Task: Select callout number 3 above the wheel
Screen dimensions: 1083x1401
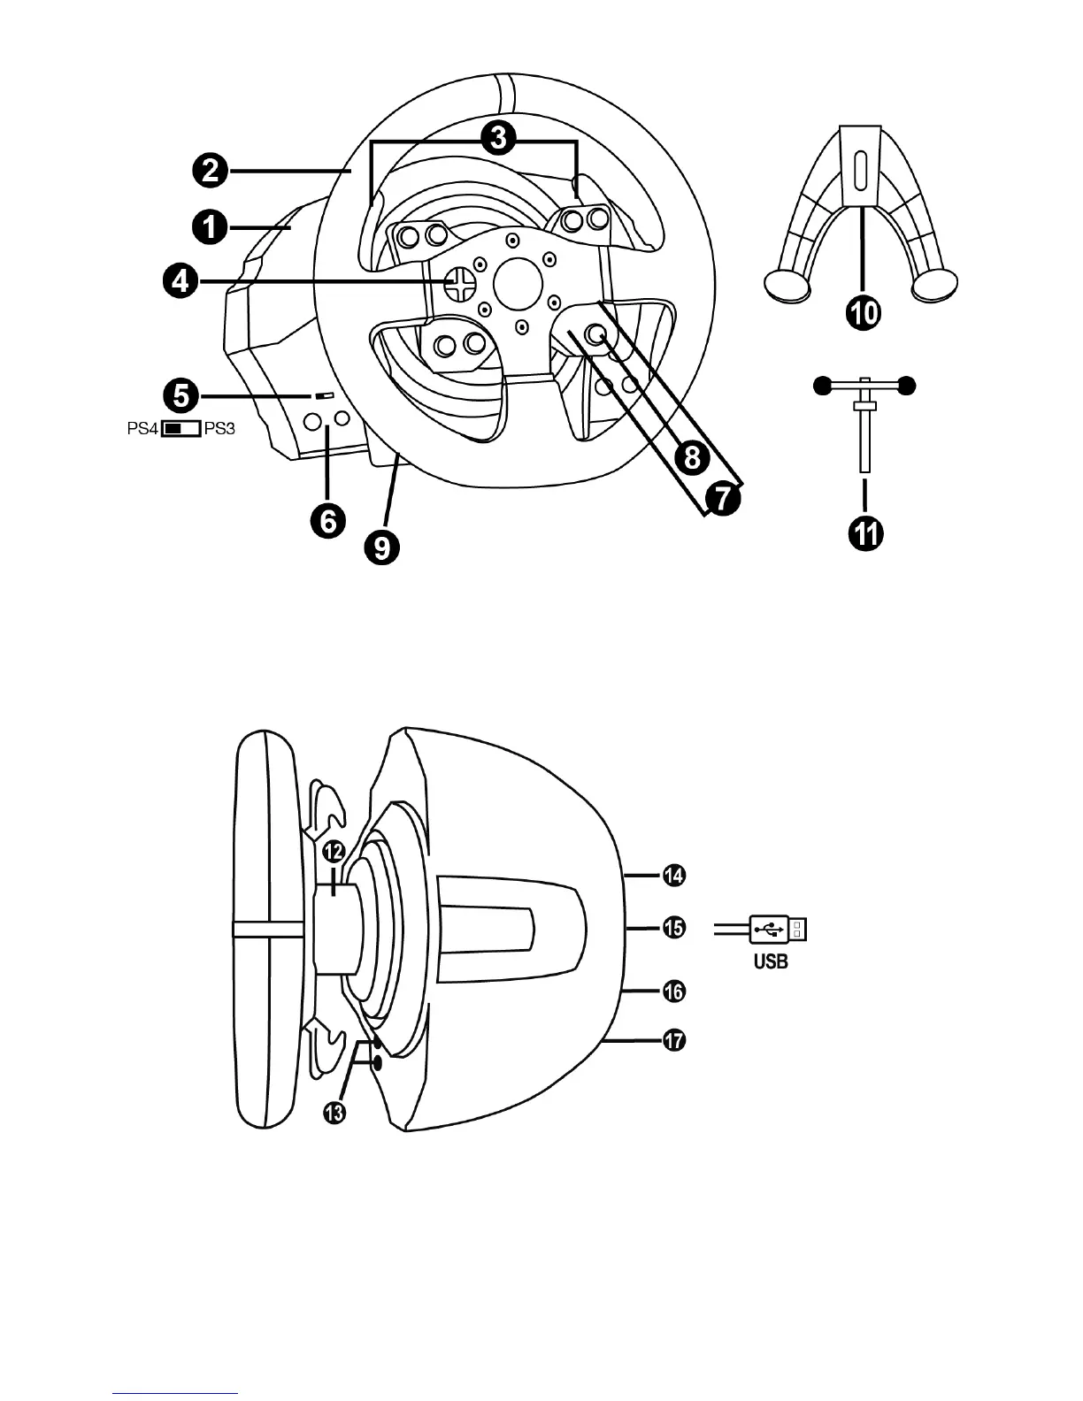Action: [501, 137]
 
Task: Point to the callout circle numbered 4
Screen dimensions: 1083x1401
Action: [180, 282]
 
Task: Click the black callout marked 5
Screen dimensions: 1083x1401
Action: [180, 395]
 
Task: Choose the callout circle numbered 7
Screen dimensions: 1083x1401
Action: [722, 499]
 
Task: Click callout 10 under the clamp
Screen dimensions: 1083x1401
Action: [864, 312]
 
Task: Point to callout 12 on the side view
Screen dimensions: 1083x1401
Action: [333, 852]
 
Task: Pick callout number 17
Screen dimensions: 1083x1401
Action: [674, 1041]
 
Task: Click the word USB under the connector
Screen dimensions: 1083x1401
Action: [771, 961]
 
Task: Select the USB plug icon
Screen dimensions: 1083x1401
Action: [779, 929]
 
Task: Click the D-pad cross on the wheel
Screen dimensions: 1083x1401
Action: [459, 282]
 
